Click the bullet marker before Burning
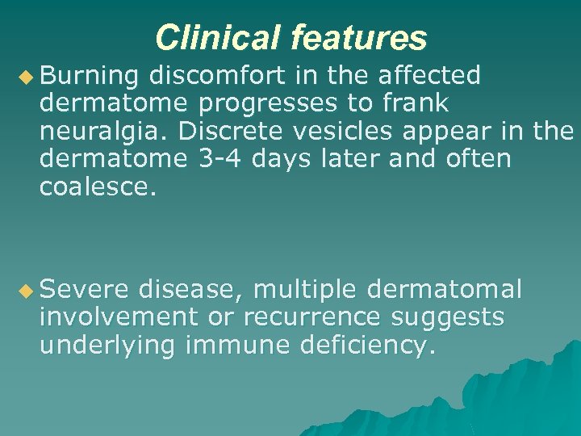coord(27,76)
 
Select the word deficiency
coord(368,346)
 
